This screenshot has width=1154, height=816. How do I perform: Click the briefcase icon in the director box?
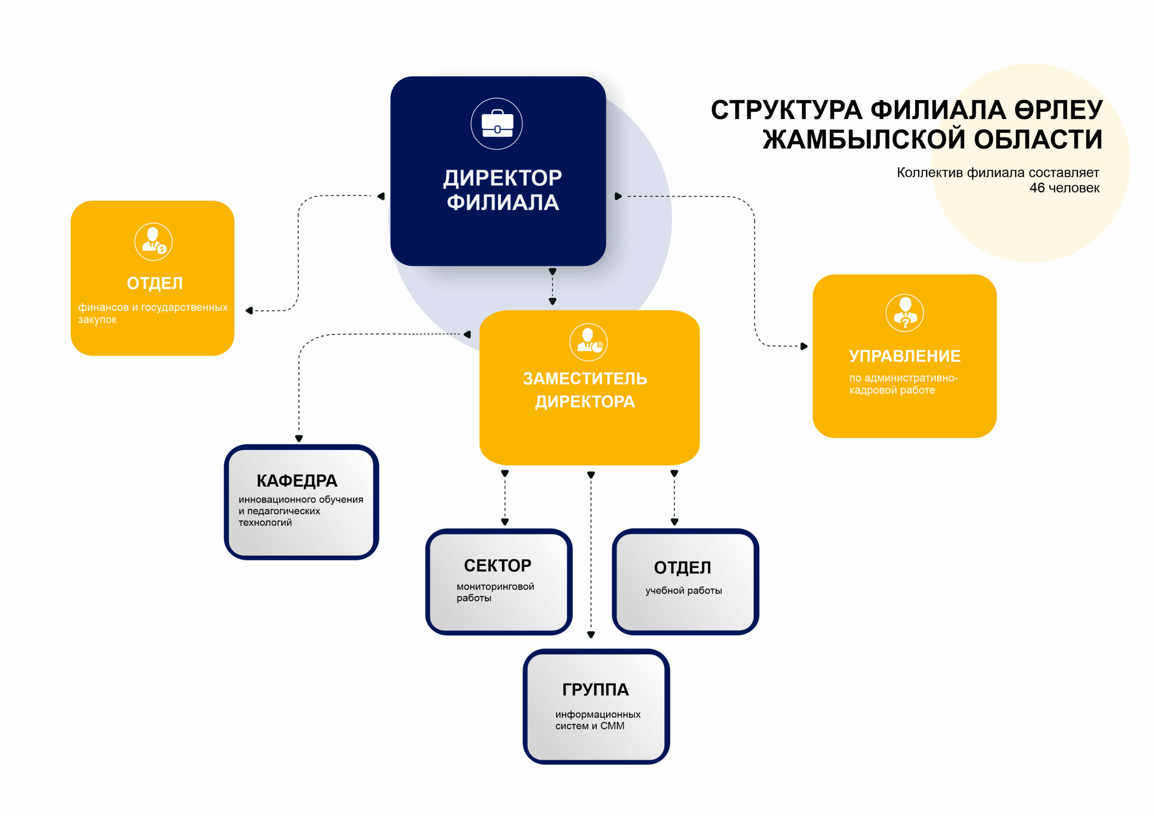click(497, 123)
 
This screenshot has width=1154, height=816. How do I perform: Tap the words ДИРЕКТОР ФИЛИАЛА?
click(503, 190)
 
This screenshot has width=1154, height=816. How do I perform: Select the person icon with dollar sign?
click(153, 242)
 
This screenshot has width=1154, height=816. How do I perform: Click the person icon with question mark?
click(905, 313)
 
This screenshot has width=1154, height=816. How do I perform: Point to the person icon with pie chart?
click(589, 342)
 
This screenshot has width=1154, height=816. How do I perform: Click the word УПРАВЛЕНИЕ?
click(905, 356)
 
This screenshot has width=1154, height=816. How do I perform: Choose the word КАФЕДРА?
click(297, 481)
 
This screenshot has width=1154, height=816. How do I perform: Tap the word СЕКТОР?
click(498, 565)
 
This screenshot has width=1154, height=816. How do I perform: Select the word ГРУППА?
click(595, 689)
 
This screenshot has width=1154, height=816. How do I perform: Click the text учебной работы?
click(683, 590)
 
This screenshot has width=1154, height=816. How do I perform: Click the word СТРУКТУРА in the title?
click(787, 110)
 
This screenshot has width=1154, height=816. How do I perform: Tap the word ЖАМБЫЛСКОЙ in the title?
click(864, 139)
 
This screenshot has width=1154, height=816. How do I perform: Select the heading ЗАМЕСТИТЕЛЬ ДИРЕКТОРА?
click(585, 390)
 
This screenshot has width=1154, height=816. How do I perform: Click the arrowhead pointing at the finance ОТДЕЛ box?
click(249, 310)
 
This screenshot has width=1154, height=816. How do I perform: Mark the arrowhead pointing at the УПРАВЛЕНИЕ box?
click(804, 346)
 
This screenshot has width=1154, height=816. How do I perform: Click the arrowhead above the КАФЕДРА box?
click(299, 439)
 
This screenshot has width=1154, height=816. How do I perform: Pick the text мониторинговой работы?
click(495, 592)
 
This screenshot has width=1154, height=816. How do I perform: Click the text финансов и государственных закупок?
click(153, 313)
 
